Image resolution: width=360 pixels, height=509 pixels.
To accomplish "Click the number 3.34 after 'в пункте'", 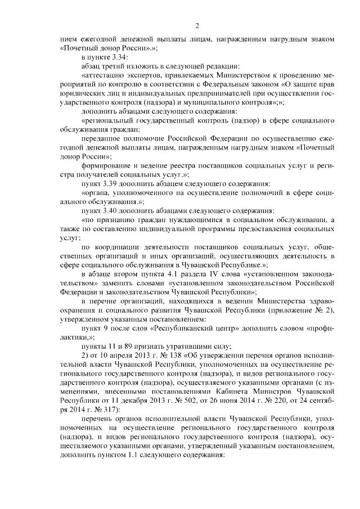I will coord(120,57).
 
